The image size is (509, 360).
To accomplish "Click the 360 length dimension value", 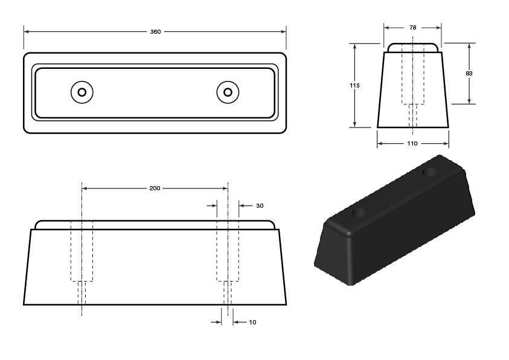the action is coord(156,32).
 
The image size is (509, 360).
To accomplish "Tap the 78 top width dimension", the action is coord(412,28).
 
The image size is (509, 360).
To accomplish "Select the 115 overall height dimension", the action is coord(354,85).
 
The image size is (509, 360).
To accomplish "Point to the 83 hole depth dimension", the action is coord(469,73).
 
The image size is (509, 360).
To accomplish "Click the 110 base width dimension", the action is coord(412,143).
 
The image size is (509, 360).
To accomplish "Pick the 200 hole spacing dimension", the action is coord(155,188).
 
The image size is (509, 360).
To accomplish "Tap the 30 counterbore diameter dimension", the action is coord(260,205).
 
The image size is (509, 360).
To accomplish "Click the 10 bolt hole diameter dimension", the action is coord(252,322).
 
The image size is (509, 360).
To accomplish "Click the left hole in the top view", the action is coord(82,92).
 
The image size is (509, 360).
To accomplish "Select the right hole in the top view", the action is coord(228,92).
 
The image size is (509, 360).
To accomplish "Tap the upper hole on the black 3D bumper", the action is coord(429,172).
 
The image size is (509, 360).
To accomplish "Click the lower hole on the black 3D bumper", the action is coord(359,213).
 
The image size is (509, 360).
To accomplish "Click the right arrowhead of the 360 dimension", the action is coord(283,32).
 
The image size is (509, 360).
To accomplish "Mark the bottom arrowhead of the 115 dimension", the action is coord(354,124).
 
